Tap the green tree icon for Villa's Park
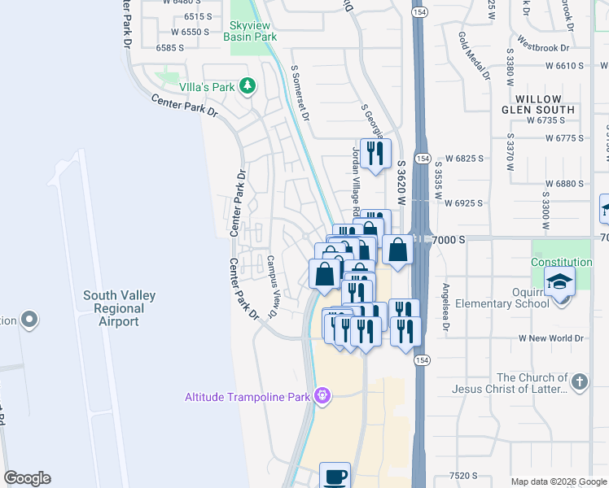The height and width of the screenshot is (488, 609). (x=248, y=85)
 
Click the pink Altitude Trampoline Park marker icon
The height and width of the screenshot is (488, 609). (x=322, y=396)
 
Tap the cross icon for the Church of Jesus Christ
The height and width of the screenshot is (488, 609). (x=579, y=382)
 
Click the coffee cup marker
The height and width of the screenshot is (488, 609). (x=334, y=476)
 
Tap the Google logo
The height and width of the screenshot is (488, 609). (x=27, y=478)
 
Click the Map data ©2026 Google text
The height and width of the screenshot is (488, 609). (x=559, y=481)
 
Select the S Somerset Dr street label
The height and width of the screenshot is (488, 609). (x=299, y=93)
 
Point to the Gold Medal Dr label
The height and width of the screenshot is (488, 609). (x=474, y=55)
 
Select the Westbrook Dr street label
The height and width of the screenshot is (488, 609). (x=545, y=46)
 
